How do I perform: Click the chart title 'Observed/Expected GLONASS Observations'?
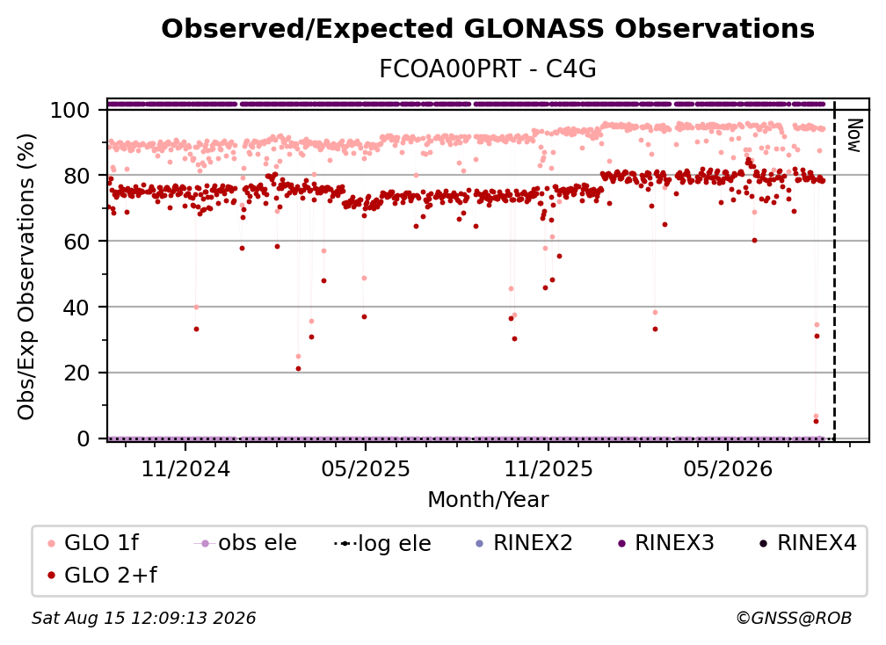(488, 29)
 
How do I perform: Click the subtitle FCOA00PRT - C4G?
(488, 69)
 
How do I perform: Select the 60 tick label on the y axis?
(77, 242)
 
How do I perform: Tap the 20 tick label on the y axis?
(77, 373)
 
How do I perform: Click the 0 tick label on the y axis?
(84, 438)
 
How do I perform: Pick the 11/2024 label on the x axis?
(185, 468)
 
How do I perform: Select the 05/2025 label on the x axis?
(366, 468)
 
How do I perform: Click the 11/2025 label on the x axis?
(548, 468)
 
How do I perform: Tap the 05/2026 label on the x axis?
(728, 468)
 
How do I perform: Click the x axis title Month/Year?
(488, 500)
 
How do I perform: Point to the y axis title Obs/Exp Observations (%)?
(26, 277)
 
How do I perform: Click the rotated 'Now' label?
(853, 135)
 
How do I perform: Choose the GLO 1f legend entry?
(93, 543)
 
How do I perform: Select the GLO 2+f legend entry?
(102, 576)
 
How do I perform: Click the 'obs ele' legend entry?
(245, 543)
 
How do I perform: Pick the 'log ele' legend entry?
(382, 544)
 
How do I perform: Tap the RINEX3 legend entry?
(665, 543)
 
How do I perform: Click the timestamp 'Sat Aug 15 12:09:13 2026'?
(143, 618)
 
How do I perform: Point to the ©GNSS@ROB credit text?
(794, 618)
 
